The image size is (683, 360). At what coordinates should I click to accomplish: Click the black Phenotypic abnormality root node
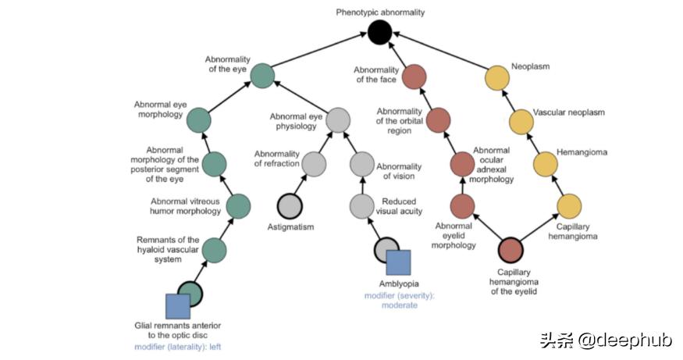coord(379,33)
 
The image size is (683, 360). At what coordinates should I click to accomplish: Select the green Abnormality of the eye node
coord(262,76)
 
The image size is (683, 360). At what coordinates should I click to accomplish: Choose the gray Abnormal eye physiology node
coord(337,120)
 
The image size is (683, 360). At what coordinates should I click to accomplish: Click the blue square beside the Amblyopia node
coord(397,263)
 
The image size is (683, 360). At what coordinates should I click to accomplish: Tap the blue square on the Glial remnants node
coord(179,306)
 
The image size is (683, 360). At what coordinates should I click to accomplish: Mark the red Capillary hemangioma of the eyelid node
coord(510,250)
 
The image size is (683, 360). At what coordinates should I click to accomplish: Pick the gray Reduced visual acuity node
coord(361,205)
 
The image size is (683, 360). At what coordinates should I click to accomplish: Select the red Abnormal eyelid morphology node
coord(463,205)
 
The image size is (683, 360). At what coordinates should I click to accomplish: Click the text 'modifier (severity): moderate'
coord(391,300)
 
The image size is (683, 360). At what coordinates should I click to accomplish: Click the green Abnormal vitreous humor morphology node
coord(238,205)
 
